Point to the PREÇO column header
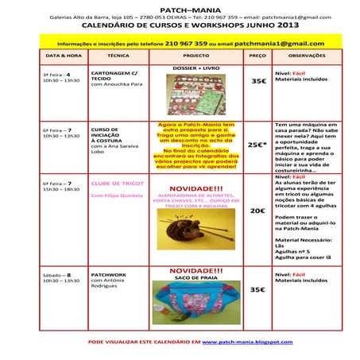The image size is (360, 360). pyautogui.click(x=257, y=57)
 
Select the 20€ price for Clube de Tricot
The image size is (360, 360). pyautogui.click(x=257, y=211)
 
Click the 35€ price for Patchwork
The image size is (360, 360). pyautogui.click(x=257, y=290)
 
